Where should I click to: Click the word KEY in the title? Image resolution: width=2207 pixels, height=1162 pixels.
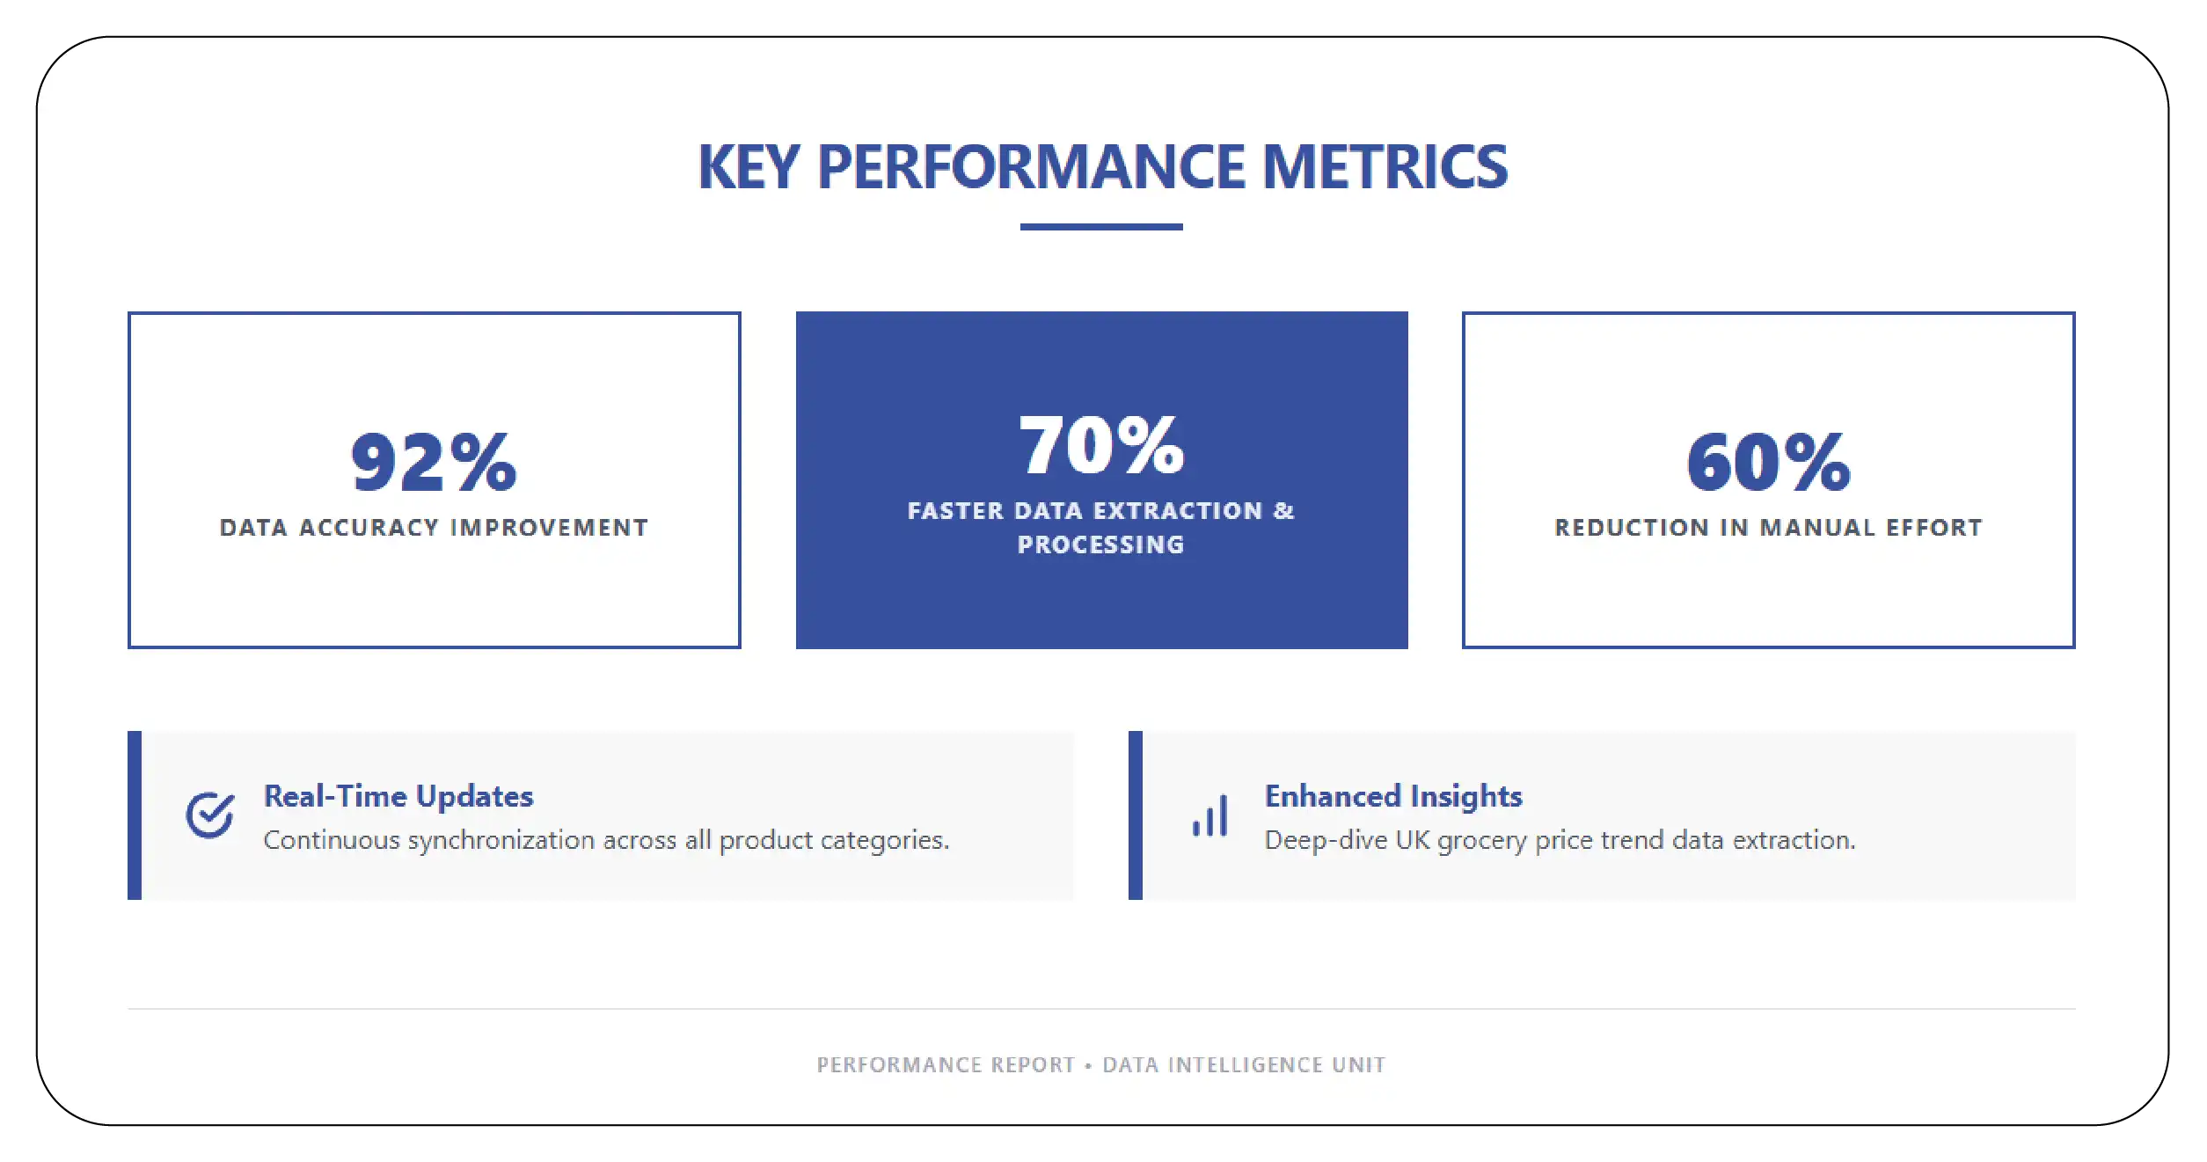point(749,167)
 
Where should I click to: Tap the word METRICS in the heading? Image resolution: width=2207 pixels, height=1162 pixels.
point(1385,167)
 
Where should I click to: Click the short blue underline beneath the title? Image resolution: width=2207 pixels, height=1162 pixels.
point(1100,227)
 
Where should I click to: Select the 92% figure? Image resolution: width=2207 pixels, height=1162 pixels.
point(434,463)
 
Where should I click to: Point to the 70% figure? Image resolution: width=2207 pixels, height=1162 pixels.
point(1101,446)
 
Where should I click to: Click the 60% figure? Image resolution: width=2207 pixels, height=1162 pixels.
point(1768,463)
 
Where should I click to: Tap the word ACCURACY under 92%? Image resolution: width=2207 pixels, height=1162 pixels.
point(369,528)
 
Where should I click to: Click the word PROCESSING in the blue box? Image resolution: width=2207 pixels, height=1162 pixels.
point(1100,545)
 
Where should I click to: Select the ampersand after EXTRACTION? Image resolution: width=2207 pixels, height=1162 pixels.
point(1283,511)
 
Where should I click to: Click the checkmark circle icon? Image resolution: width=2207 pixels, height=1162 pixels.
point(209,815)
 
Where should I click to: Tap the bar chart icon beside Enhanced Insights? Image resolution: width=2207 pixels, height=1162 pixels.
point(1210,816)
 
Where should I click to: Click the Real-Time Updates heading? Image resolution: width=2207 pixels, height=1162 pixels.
point(398,796)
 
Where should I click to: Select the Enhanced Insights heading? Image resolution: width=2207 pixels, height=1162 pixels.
point(1392,796)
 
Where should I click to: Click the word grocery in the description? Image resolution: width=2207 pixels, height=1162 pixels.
point(1481,841)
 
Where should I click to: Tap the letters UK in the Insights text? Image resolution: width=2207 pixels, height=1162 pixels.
point(1412,840)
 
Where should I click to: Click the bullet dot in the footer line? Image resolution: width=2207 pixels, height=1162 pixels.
point(1088,1065)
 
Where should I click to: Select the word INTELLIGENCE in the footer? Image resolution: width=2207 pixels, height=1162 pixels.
point(1245,1065)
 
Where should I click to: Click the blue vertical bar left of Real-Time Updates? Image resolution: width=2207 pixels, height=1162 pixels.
point(135,815)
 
